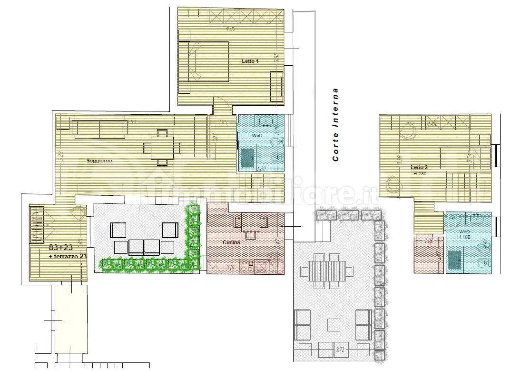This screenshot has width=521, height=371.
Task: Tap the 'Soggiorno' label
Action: pyautogui.click(x=99, y=160)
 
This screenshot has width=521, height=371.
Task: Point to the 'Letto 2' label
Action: pyautogui.click(x=420, y=167)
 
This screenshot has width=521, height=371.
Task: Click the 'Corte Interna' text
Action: pyautogui.click(x=336, y=124)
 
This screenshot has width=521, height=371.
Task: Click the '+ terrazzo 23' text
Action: pyautogui.click(x=68, y=257)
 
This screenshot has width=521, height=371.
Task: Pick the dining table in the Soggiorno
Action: pyautogui.click(x=163, y=148)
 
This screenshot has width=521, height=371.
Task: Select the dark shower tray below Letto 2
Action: pyautogui.click(x=455, y=260)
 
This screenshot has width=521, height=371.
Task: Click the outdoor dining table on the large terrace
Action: pyautogui.click(x=327, y=272)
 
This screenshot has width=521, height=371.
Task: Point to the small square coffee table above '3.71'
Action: pyautogui.click(x=334, y=325)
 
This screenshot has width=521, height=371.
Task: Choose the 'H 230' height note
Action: pyautogui.click(x=420, y=174)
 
